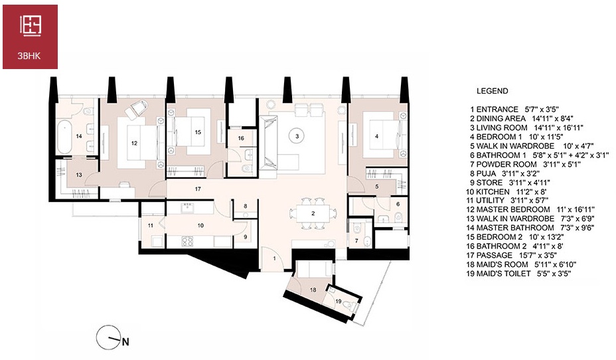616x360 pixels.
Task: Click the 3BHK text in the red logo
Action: [x=29, y=56]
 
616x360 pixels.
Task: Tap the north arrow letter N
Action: [x=125, y=342]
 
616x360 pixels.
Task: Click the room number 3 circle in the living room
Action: [x=297, y=136]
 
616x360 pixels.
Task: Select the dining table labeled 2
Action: [x=313, y=213]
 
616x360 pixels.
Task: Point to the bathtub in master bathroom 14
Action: [x=64, y=137]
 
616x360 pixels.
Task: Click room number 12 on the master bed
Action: [x=134, y=143]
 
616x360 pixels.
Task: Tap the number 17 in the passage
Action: [x=198, y=189]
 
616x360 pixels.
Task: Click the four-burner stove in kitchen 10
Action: [x=187, y=241]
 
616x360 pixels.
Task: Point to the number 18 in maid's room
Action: [x=313, y=290]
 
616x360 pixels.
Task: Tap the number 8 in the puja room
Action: [x=246, y=206]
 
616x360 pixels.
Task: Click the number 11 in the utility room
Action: [x=151, y=226]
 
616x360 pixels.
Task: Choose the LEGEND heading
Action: [x=493, y=91]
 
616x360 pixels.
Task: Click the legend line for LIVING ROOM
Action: [x=526, y=128]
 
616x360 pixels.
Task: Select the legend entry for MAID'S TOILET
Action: [x=518, y=274]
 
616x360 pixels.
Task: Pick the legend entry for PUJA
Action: [x=505, y=173]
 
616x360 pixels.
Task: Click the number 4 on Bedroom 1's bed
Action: [x=377, y=136]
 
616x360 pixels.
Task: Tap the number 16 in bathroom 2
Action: [x=241, y=138]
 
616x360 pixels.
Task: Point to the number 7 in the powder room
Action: [x=356, y=240]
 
